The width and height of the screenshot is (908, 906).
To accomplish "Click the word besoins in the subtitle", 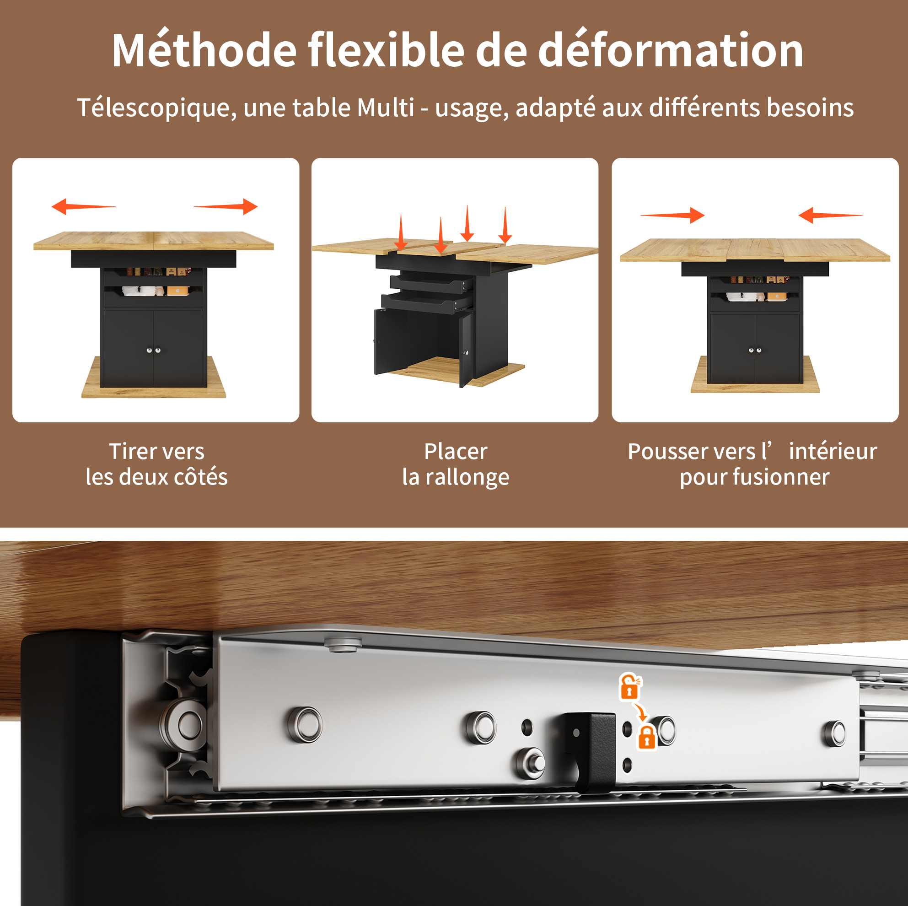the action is pos(810,108).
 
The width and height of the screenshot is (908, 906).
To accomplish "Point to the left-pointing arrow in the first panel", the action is pos(83,206).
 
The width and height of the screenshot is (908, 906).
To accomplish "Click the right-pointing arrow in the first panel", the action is pos(226,206).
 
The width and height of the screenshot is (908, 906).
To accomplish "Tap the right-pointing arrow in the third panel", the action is pos(672,216).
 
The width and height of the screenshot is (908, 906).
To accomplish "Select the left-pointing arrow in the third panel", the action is pos(830,216).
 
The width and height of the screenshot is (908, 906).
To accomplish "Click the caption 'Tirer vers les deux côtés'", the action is pos(156,464).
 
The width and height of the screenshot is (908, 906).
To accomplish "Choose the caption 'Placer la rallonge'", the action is pos(456,464).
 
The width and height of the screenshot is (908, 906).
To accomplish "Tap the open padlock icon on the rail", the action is pos(630,687).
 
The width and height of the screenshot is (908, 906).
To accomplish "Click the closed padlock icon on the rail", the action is pos(646,737).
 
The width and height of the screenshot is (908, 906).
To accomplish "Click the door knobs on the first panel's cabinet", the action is pos(153,350).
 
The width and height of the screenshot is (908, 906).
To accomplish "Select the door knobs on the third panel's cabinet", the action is pos(755,350).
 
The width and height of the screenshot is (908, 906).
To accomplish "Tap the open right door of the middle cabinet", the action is pos(466,349).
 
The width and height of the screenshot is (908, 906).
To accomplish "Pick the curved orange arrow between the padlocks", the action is pos(640,711).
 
